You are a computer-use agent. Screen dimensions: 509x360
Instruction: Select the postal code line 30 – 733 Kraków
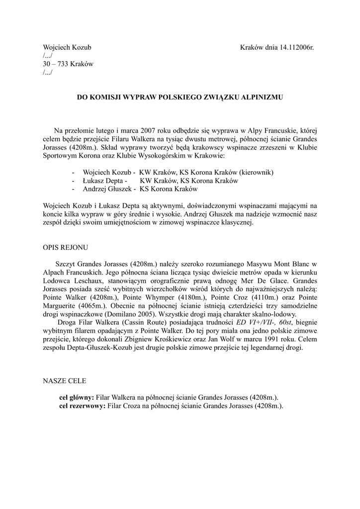tap(68, 64)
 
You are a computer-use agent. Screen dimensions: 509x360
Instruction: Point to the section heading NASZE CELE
tap(65, 381)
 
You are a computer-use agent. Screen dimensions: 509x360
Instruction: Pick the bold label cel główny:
tap(77, 398)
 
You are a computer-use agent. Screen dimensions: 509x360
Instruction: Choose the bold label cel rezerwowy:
tap(82, 406)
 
